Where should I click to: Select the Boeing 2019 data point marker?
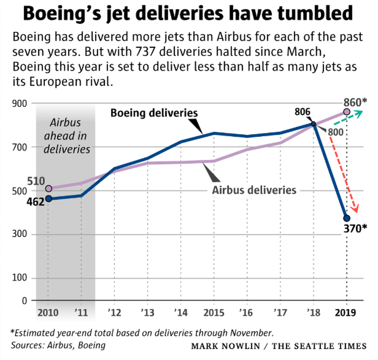[x=346, y=218]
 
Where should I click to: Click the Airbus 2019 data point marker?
[x=346, y=112]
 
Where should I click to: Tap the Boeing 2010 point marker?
[x=48, y=198]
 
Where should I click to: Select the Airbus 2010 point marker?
[x=48, y=189]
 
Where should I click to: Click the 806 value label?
[x=302, y=112]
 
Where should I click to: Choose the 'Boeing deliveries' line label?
[x=154, y=113]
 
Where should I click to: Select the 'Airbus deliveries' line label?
[x=254, y=190]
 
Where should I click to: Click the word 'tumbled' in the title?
[x=310, y=15]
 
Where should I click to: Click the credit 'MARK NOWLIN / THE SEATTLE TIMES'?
[x=278, y=346]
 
